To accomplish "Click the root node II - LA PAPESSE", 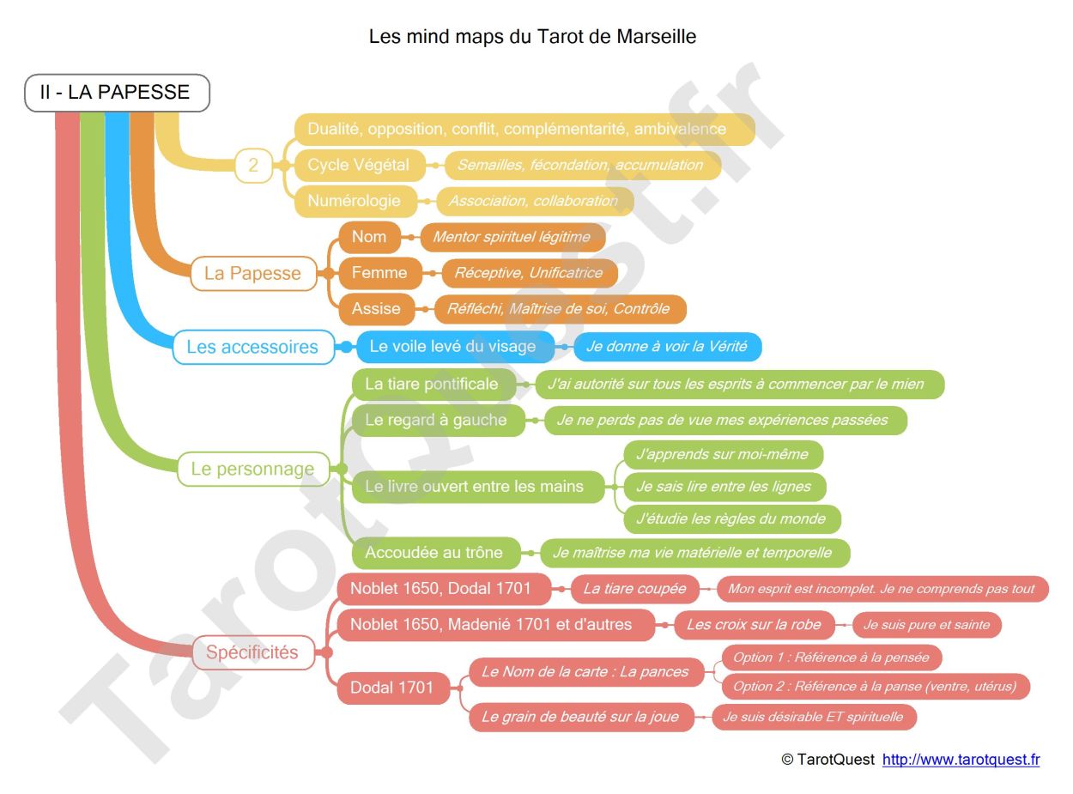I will coord(117,93).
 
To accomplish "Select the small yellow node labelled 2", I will coord(253,165).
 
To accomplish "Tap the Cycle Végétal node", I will coord(359,165).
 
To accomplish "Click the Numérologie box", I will coord(355,201).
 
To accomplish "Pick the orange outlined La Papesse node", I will coord(252,274).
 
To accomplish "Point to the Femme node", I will coord(379,273).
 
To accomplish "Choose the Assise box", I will coord(376,309).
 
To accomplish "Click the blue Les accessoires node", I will coord(252,347).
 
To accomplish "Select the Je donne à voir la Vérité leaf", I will coord(666,347).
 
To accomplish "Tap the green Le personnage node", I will coord(252,469).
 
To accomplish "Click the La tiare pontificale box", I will coord(432,384).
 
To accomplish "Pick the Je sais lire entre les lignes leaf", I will coord(724,487).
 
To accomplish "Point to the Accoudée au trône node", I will coord(433,553).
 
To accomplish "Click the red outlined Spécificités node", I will coord(252,652).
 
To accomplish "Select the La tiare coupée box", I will coord(635,589).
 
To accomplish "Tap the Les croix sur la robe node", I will coord(754,625).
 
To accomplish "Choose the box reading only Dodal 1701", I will coord(392,688).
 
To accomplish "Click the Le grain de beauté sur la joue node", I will coord(580,717).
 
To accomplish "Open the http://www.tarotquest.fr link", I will coord(961,760).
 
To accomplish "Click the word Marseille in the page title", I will coord(657,37).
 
